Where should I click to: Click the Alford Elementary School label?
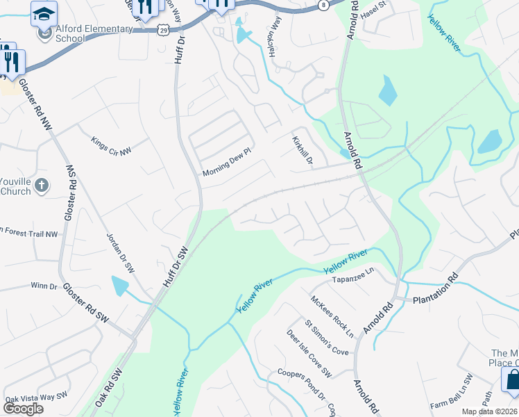[x=85, y=33]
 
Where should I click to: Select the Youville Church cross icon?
[x=42, y=185]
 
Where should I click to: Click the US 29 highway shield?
[x=162, y=30]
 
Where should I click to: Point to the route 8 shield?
[x=323, y=5]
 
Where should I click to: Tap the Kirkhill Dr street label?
[x=303, y=151]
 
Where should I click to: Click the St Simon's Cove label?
[x=326, y=338]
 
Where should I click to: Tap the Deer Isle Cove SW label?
[x=309, y=354]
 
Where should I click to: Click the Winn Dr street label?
[x=43, y=286]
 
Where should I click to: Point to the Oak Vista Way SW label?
[x=36, y=397]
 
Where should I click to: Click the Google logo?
[x=22, y=409]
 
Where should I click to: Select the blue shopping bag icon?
[x=511, y=379]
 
